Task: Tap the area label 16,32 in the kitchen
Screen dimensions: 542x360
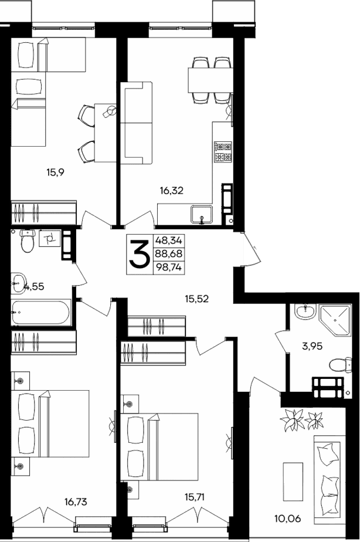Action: [171, 189]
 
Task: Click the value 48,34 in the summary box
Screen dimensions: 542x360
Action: [168, 240]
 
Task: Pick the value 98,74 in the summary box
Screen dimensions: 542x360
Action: [168, 267]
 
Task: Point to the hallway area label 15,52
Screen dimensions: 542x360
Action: [197, 298]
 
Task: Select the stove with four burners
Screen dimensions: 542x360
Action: [223, 152]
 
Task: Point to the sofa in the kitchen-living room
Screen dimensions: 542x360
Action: [136, 123]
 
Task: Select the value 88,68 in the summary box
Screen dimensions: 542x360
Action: [168, 253]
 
